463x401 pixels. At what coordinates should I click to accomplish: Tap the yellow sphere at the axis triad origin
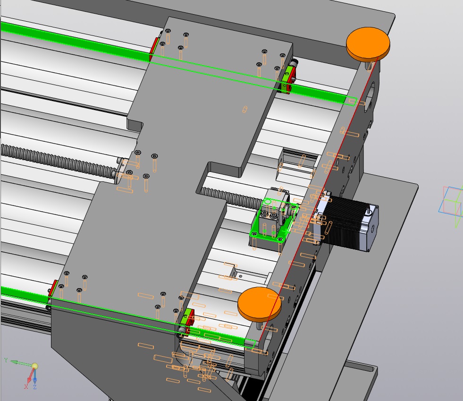(x=35, y=367)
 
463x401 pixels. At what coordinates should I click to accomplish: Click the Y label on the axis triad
(x=6, y=360)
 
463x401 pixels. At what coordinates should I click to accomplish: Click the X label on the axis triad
(x=26, y=386)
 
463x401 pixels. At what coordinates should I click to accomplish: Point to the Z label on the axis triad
(x=35, y=387)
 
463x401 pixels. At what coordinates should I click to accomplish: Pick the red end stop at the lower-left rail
(x=53, y=289)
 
